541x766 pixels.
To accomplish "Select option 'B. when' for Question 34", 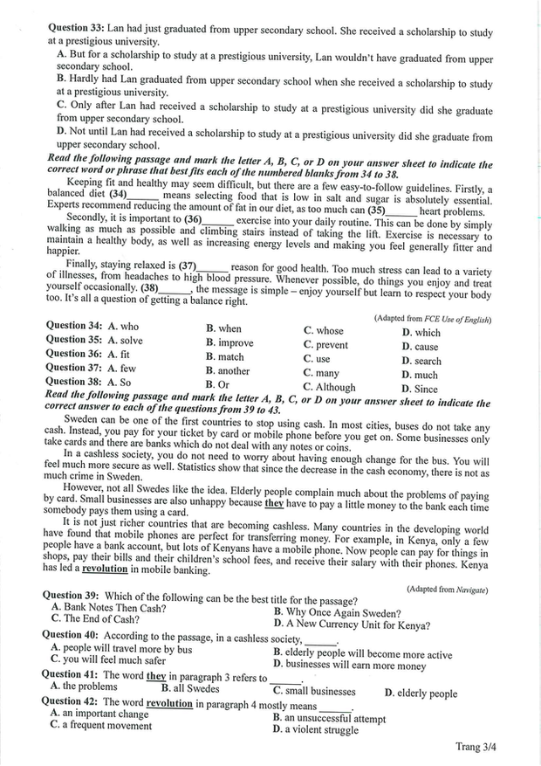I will pos(224,328).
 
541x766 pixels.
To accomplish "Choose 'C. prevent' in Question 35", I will pos(326,344).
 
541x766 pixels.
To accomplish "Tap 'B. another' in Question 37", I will pos(228,370).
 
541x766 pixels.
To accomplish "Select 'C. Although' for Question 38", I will pos(329,387).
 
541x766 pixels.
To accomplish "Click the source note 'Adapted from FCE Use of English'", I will pos(432,319).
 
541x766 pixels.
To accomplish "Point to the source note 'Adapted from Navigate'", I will pos(447,590).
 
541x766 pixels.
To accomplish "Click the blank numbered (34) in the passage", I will pos(134,194).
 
